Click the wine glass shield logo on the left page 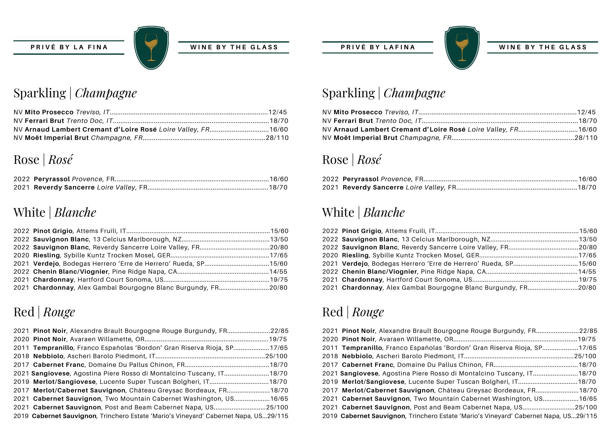(x=151, y=48)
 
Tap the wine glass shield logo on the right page (x=462, y=48)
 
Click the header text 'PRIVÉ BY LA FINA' (x=69, y=47)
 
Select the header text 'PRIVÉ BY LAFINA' (x=378, y=47)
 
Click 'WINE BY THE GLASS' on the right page (x=543, y=47)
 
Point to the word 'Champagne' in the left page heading (x=106, y=93)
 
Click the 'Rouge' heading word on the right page (x=368, y=312)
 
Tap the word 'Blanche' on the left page (x=75, y=213)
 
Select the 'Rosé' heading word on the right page (x=369, y=160)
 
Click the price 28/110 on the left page (x=277, y=138)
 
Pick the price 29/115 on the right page (x=587, y=416)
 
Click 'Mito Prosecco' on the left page (x=49, y=112)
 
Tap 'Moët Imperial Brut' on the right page (x=365, y=138)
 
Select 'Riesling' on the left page (x=46, y=255)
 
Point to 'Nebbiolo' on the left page (x=48, y=356)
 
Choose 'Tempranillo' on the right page (x=362, y=348)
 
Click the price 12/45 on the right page (x=586, y=112)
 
